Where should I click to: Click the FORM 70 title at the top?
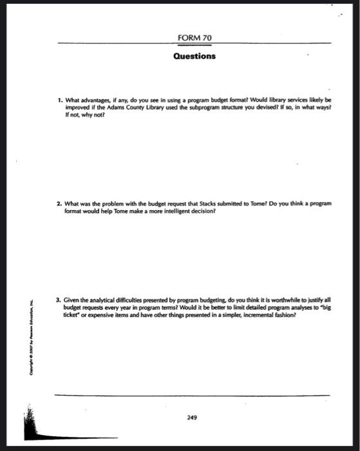194,39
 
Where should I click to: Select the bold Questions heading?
194,56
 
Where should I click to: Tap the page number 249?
191,417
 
